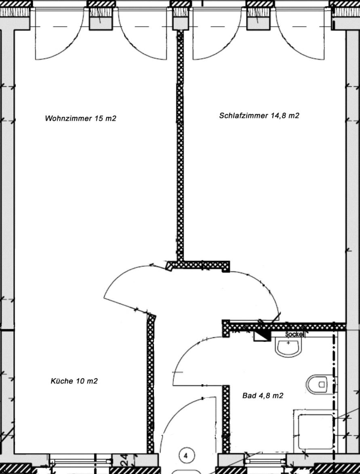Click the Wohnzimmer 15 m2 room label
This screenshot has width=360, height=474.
(x=80, y=118)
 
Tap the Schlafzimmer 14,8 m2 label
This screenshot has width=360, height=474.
(x=259, y=116)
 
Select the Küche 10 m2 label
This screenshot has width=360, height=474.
(x=74, y=381)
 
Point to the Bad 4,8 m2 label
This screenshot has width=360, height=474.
(x=263, y=395)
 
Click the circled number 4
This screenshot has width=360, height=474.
(x=185, y=455)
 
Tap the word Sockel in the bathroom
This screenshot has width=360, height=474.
(x=294, y=334)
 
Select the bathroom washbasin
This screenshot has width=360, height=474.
(x=288, y=347)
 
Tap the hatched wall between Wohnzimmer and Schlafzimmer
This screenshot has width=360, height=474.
(x=180, y=145)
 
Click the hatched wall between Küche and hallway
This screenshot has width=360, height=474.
(x=150, y=384)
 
